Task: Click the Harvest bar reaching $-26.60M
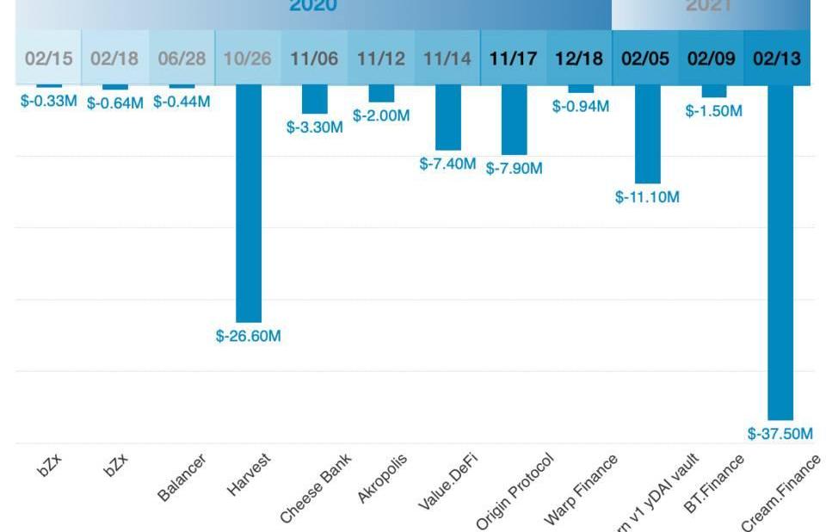pyautogui.click(x=249, y=203)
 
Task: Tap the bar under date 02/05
pyautogui.click(x=647, y=134)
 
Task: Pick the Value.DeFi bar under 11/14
pyautogui.click(x=447, y=117)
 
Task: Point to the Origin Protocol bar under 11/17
pyautogui.click(x=514, y=120)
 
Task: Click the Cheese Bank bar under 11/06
pyautogui.click(x=315, y=99)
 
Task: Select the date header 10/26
pyautogui.click(x=248, y=59)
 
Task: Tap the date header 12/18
pyautogui.click(x=579, y=59)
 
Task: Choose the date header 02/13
pyautogui.click(x=777, y=59)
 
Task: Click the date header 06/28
pyautogui.click(x=182, y=59)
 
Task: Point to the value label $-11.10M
pyautogui.click(x=647, y=197)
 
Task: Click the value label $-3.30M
pyautogui.click(x=315, y=127)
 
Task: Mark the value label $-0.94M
pyautogui.click(x=580, y=107)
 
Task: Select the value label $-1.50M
pyautogui.click(x=713, y=111)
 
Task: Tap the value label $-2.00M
pyautogui.click(x=381, y=115)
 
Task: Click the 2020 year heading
pyautogui.click(x=313, y=6)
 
